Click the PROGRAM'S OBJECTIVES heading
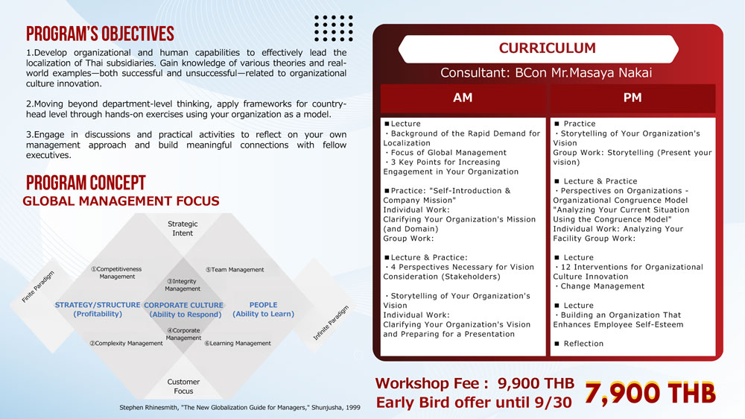[101, 34]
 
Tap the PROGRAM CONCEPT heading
[86, 183]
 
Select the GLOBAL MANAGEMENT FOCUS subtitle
[121, 201]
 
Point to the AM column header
[463, 98]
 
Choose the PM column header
[633, 98]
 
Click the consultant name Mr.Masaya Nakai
[601, 73]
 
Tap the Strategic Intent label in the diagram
[183, 228]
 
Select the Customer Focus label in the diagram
[183, 386]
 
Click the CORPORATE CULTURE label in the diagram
[184, 306]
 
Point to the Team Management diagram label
[235, 270]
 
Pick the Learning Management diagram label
[238, 344]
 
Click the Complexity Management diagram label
[127, 344]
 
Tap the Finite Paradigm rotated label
[39, 287]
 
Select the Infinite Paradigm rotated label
[332, 323]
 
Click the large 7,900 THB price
[650, 394]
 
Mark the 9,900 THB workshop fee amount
[536, 383]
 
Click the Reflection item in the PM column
[579, 344]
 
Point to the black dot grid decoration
[334, 28]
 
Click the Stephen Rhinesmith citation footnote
[240, 408]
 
